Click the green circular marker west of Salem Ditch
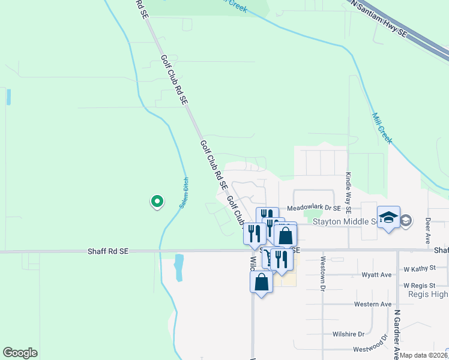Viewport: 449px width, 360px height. [157, 202]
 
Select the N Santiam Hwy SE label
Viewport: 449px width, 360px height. [379, 17]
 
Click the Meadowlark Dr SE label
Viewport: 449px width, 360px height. [314, 208]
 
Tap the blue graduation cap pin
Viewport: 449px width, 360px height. [388, 218]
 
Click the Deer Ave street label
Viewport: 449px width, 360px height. [427, 229]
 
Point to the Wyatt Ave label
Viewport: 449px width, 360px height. [376, 274]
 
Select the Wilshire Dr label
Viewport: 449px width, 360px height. [349, 334]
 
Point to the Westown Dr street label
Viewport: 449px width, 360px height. [322, 274]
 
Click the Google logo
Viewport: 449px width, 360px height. [20, 353]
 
